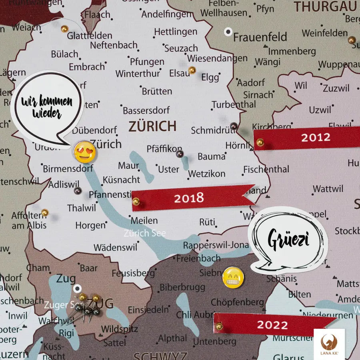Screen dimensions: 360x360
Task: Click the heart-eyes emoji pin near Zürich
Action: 84,152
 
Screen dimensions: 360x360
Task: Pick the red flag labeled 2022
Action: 272,324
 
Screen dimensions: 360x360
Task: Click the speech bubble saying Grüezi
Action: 287,240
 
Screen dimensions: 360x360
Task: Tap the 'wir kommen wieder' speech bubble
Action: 47,107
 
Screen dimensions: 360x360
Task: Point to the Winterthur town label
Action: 138,74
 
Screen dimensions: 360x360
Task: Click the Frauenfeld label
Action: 260,37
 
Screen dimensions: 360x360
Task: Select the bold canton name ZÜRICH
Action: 152,126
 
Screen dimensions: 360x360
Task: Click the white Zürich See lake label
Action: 144,233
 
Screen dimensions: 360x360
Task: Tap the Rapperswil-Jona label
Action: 216,245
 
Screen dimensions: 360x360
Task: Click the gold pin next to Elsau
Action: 192,70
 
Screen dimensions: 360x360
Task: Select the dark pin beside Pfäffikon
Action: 180,154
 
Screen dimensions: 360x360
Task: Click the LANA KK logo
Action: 329,344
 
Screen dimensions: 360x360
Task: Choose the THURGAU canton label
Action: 325,6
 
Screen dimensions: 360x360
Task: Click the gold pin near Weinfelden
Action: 352,40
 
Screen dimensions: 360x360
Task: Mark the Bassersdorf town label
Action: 146,110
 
